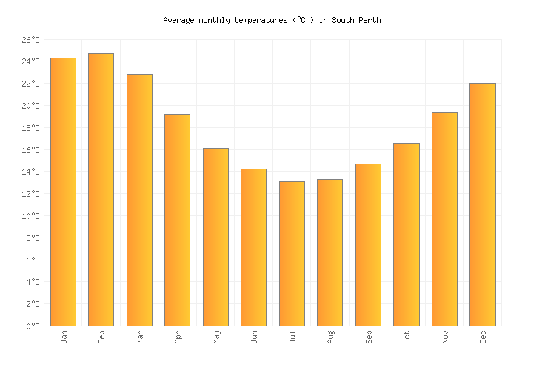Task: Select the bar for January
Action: [x=63, y=192]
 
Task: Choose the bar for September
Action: [x=368, y=244]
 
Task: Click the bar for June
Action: [x=253, y=247]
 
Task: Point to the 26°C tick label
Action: [x=30, y=40]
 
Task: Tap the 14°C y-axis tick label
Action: [x=30, y=172]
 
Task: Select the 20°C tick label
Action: [x=30, y=106]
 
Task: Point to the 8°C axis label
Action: [x=33, y=238]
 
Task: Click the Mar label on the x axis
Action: [x=140, y=337]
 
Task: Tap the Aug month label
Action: [x=330, y=337]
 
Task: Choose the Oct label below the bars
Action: [x=407, y=337]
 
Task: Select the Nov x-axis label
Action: [x=445, y=337]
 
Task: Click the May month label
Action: [x=216, y=337]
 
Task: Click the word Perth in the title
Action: [x=370, y=21]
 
